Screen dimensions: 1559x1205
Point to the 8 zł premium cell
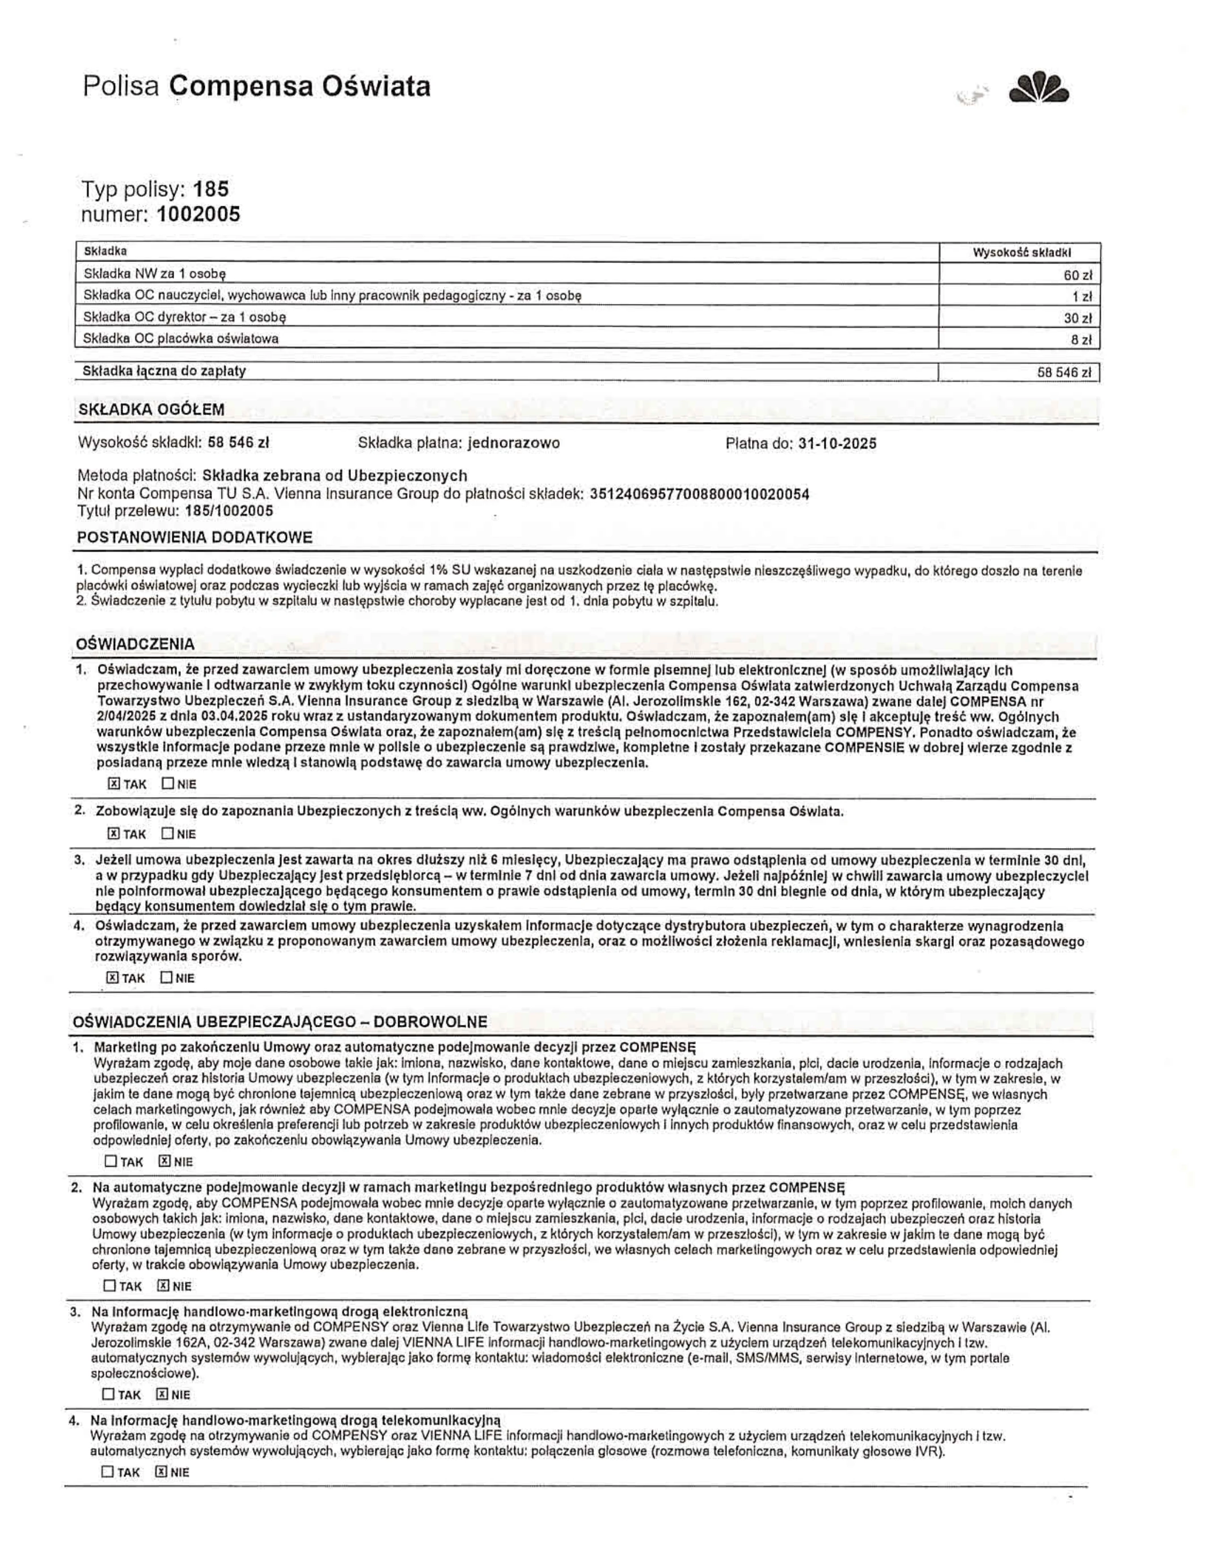(x=1081, y=340)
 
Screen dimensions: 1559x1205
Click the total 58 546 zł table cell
(x=1064, y=372)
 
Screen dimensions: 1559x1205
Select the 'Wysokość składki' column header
(x=1021, y=252)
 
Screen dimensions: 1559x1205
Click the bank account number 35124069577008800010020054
(x=700, y=494)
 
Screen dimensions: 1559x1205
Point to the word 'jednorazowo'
(x=513, y=443)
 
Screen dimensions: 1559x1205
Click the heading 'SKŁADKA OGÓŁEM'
(x=151, y=409)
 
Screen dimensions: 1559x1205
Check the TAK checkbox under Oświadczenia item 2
(x=113, y=833)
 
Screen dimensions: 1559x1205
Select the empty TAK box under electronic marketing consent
(x=108, y=1393)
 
